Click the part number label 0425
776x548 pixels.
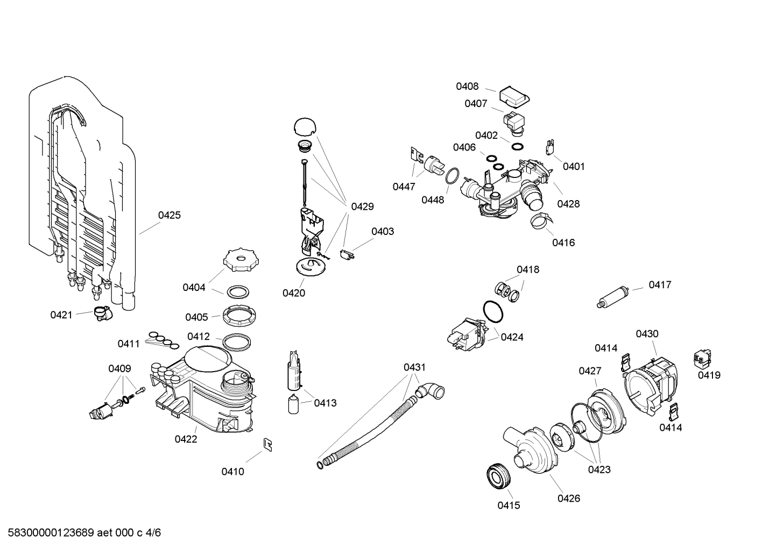[169, 216]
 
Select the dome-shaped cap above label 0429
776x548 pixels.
[305, 127]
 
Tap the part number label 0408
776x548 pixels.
[467, 87]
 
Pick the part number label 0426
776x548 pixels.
[568, 499]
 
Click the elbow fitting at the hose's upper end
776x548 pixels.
[433, 391]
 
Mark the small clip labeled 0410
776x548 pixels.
[267, 444]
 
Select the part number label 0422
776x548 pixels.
[186, 439]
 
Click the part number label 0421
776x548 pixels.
[61, 315]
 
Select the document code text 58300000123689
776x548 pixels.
[48, 533]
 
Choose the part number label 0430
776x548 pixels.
[647, 334]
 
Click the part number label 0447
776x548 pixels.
[404, 187]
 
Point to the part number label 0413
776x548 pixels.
[325, 403]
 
